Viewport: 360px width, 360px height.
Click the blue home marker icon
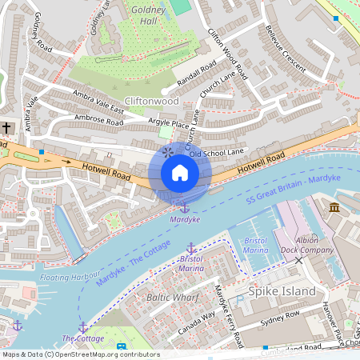coord(180,173)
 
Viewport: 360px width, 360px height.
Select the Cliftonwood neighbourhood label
coord(151,102)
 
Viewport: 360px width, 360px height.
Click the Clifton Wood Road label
coord(228,54)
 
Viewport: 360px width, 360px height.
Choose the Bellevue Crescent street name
coord(285,53)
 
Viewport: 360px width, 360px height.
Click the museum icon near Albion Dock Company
coord(334,209)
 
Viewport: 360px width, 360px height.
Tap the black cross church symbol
coord(6,128)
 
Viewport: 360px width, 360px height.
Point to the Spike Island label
coord(282,291)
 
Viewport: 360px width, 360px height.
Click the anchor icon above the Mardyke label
coord(184,208)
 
